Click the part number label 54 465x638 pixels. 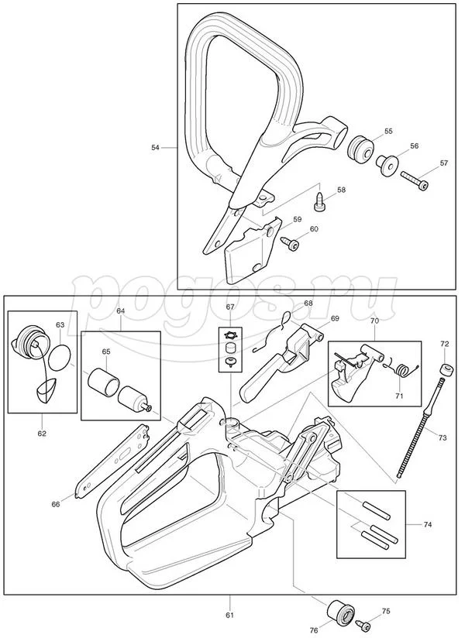click(x=156, y=147)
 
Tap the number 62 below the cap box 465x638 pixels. click(x=42, y=433)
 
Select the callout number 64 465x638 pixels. click(x=120, y=311)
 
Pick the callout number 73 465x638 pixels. click(x=443, y=438)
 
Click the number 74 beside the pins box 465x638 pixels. click(x=427, y=524)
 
